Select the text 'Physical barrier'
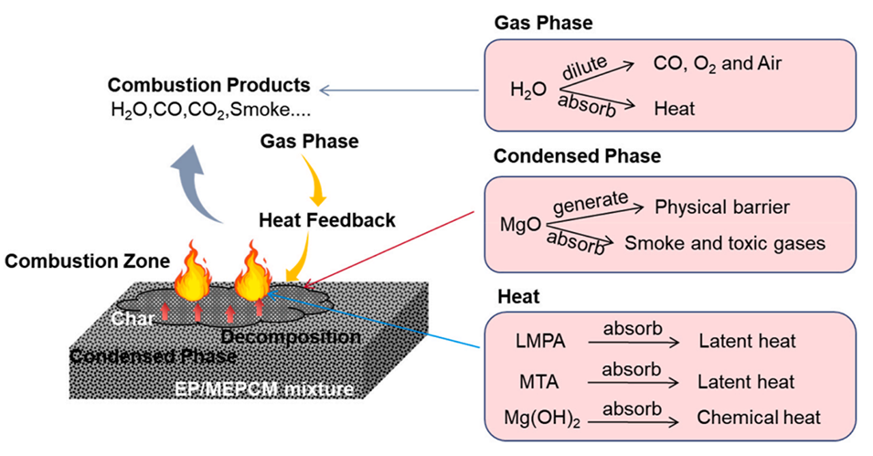(721, 207)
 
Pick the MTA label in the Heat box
(531, 380)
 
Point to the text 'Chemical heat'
(746, 418)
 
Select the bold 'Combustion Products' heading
(208, 85)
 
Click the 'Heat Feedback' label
(326, 220)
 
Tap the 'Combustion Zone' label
(88, 261)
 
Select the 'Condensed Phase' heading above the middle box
(577, 156)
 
